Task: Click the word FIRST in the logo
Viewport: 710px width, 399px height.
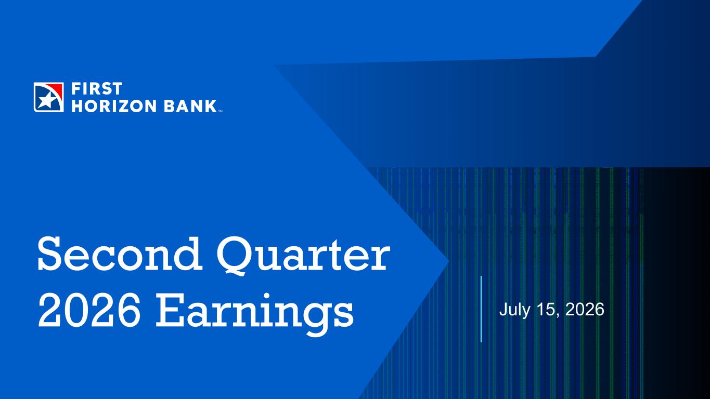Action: [x=97, y=88]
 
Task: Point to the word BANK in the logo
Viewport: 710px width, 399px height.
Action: [x=190, y=106]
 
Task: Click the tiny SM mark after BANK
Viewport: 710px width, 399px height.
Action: [x=221, y=111]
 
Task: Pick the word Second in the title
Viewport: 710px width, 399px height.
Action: [x=120, y=254]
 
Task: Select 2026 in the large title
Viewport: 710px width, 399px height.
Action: [x=89, y=310]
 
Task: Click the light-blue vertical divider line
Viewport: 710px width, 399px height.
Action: [x=482, y=309]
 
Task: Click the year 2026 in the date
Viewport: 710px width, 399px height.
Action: [x=585, y=310]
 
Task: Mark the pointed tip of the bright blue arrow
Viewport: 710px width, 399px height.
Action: [x=449, y=261]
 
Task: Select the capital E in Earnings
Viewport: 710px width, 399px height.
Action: [x=170, y=310]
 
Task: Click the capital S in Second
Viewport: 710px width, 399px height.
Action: [x=52, y=254]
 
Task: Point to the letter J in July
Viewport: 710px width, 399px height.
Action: [x=504, y=310]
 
